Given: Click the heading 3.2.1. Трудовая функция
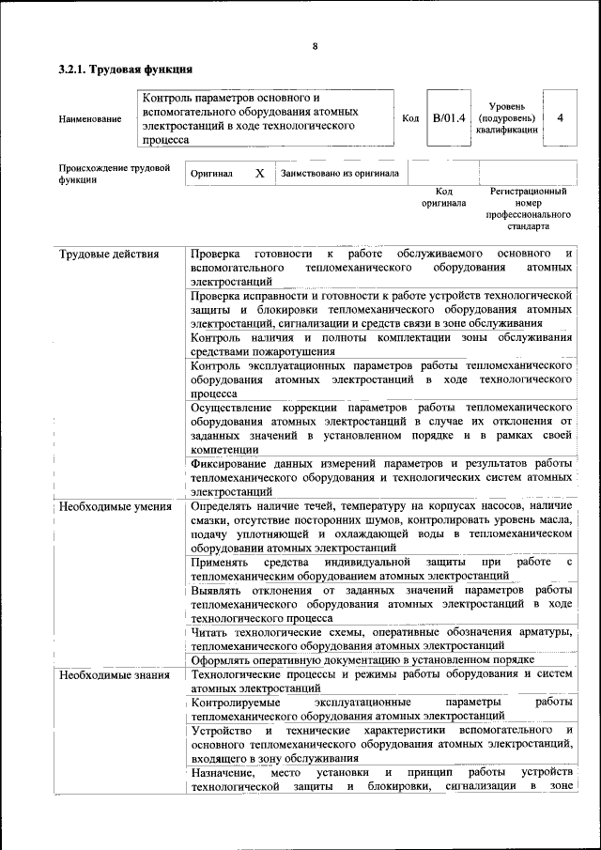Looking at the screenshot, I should tap(126, 70).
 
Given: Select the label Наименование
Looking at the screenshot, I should tap(90, 119).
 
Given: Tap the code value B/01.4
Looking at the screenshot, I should tap(449, 118).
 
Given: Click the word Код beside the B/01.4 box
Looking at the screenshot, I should tap(410, 118).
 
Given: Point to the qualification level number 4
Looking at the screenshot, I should tap(560, 118).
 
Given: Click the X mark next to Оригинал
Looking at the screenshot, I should tap(259, 174).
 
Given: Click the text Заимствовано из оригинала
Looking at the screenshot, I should tap(339, 173).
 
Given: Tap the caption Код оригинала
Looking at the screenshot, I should tap(443, 197).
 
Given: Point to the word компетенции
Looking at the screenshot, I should tap(227, 451).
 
